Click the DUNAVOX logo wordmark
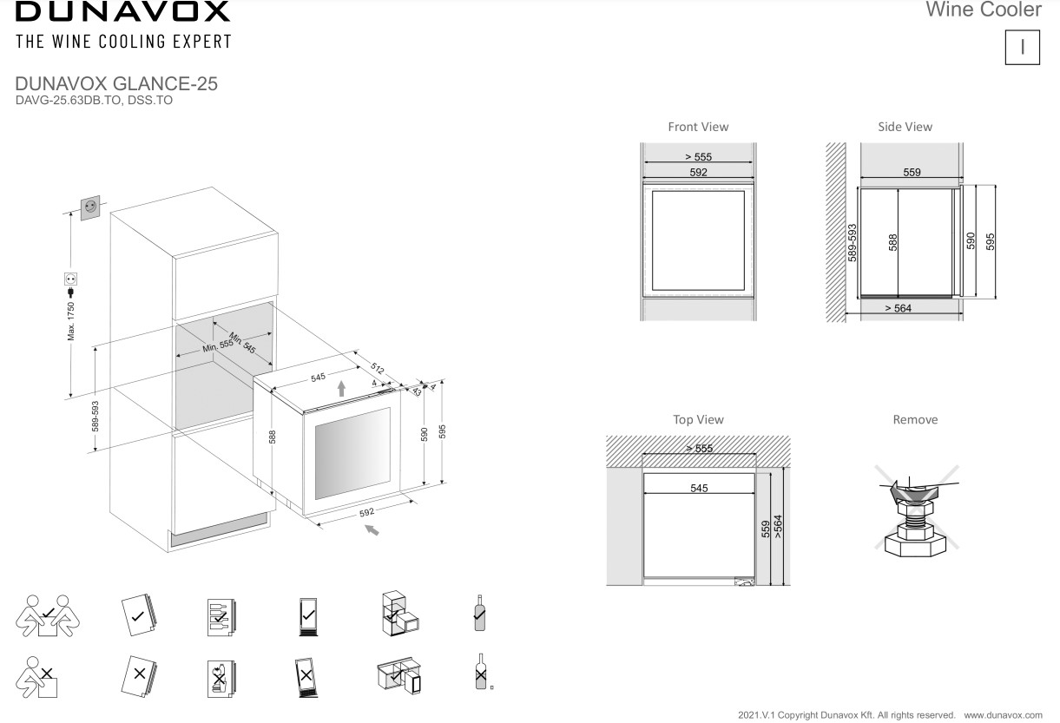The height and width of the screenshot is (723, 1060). (123, 11)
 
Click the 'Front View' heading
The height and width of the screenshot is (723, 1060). (698, 127)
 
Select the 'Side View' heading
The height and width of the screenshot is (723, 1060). (905, 127)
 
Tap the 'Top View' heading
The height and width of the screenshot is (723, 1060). (698, 420)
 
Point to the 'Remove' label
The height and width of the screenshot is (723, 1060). (915, 420)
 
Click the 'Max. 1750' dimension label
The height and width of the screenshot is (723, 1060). (71, 321)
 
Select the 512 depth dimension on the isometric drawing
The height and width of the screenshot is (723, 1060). (377, 368)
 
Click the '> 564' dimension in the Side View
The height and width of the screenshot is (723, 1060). (898, 308)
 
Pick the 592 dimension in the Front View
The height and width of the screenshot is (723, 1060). (698, 172)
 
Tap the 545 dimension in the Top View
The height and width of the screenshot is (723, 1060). (699, 488)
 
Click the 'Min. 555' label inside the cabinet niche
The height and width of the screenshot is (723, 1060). (218, 345)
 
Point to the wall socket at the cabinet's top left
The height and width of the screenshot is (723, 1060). (90, 207)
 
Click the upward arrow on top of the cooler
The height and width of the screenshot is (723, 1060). (341, 389)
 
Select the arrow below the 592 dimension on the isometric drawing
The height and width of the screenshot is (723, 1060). (372, 530)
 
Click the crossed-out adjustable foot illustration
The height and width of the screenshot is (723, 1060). (917, 512)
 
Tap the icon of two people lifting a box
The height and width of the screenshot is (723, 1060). (48, 615)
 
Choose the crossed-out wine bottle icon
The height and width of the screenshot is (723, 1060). (481, 672)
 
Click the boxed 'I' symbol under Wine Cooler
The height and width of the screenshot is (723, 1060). (1022, 48)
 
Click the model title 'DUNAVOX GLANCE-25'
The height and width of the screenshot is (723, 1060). (116, 83)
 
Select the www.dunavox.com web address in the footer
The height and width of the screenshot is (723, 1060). (1003, 715)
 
